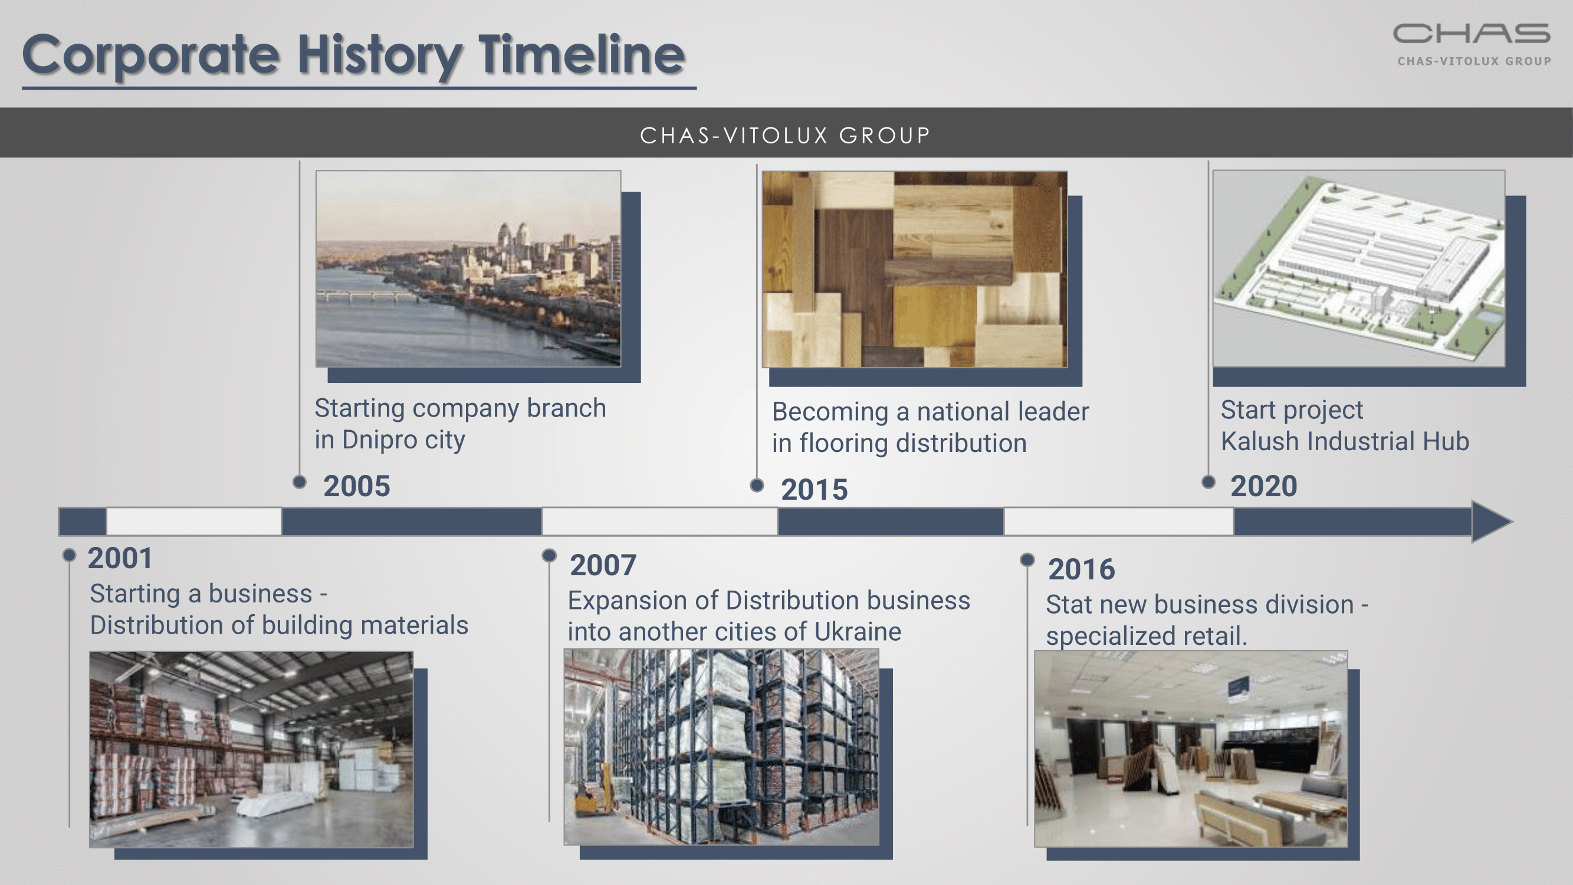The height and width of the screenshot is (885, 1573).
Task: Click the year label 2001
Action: pyautogui.click(x=120, y=558)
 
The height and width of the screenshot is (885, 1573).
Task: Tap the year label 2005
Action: pyautogui.click(x=357, y=486)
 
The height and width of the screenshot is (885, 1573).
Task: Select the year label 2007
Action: pyautogui.click(x=603, y=565)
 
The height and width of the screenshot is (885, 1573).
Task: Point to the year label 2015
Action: pyautogui.click(x=814, y=490)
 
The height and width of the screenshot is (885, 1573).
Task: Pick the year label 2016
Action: pyautogui.click(x=1082, y=569)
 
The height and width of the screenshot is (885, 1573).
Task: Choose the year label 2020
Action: pyautogui.click(x=1263, y=486)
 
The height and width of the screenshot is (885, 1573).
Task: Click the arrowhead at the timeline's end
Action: pyautogui.click(x=1492, y=522)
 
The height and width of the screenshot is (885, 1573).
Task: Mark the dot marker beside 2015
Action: pyautogui.click(x=757, y=486)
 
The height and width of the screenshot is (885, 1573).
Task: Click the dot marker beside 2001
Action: pyautogui.click(x=69, y=555)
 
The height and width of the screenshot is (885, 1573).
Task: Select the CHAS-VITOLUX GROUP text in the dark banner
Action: pyautogui.click(x=785, y=136)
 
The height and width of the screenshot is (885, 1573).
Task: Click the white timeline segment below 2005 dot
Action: pyautogui.click(x=193, y=522)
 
